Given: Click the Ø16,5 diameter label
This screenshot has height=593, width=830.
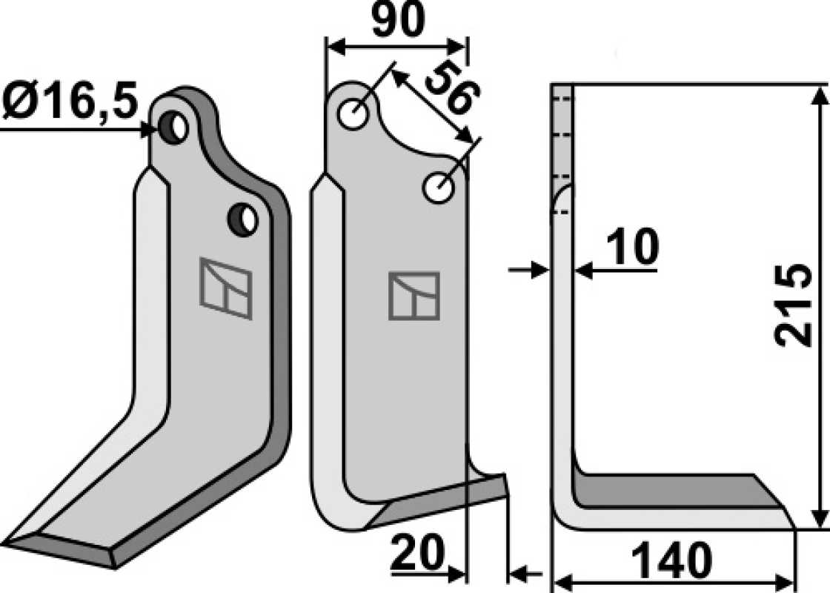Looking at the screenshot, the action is [70, 99].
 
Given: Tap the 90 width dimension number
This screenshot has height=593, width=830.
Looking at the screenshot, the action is [398, 20].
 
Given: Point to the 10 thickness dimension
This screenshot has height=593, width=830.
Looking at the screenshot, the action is [633, 247].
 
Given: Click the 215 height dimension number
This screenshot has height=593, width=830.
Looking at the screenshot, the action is [792, 305].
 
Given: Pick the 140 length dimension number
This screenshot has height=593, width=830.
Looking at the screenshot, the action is [671, 560].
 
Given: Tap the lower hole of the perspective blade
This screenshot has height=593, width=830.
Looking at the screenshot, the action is [243, 219].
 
